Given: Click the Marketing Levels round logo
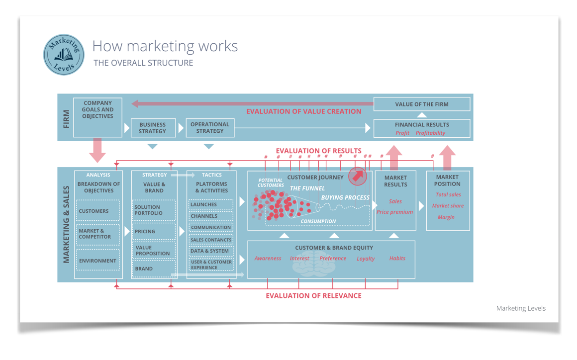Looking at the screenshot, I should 64,55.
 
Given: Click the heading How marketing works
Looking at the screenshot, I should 165,46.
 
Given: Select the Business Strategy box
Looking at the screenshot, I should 153,128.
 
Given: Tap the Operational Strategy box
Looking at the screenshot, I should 210,128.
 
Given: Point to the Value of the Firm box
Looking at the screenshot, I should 421,104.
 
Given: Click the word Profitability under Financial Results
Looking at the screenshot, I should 430,133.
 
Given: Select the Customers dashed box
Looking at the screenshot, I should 97,211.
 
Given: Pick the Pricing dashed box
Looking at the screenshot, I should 154,231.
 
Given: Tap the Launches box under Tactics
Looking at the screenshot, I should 211,204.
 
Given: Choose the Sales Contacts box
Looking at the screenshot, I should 211,240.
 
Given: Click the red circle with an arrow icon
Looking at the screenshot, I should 358,176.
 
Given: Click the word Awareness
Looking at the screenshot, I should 268,259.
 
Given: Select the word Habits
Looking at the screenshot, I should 397,259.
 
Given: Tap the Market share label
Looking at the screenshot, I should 448,206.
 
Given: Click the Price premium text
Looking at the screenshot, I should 394,212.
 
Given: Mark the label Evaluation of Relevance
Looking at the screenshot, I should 313,296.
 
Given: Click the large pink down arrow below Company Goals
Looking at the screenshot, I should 97,150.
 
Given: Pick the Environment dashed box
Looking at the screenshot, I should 97,261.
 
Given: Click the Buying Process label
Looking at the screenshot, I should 345,198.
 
